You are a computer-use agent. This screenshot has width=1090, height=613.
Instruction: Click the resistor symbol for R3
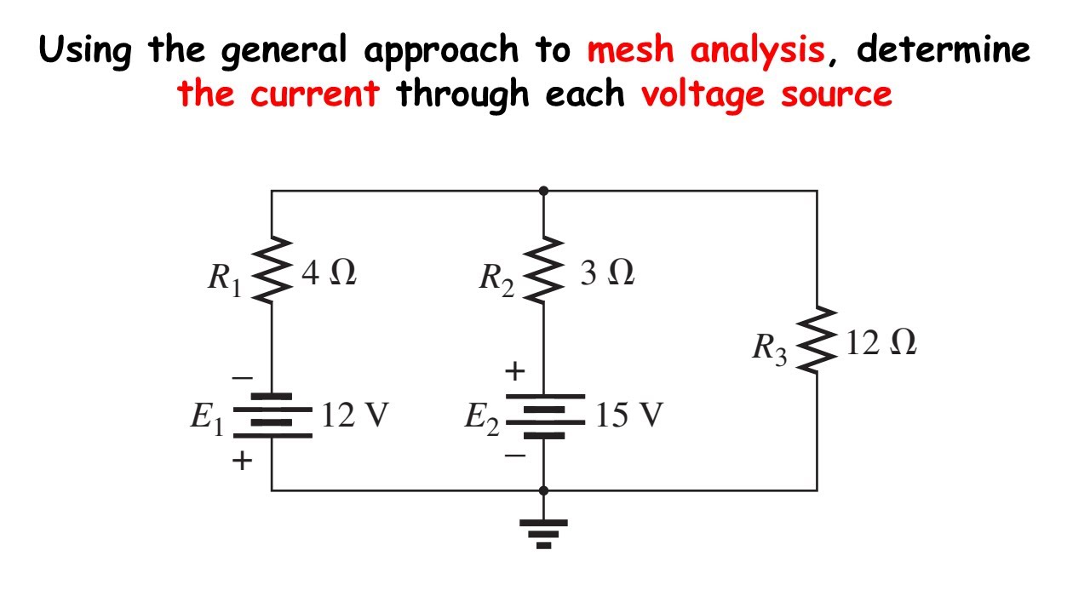point(817,341)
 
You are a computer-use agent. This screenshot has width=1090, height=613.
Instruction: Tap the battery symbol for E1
point(272,416)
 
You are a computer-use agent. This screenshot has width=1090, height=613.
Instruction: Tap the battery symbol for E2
point(544,416)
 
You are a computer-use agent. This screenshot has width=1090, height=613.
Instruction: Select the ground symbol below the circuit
point(544,532)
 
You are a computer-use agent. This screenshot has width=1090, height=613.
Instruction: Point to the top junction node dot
point(544,191)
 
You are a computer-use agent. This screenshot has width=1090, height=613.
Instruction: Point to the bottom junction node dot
point(544,490)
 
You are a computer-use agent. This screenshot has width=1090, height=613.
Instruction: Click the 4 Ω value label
point(329,274)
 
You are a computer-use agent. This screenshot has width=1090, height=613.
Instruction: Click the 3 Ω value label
point(607,274)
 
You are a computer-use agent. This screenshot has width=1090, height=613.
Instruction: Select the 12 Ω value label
point(881,343)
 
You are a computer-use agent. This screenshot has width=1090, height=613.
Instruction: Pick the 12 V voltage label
point(355,415)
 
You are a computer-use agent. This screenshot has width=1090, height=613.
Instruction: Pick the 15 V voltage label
point(628,415)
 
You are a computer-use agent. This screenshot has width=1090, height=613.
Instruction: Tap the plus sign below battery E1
point(243,461)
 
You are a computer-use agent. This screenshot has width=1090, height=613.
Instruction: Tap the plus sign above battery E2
point(515,372)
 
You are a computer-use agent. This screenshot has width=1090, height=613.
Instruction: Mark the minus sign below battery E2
point(515,455)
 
